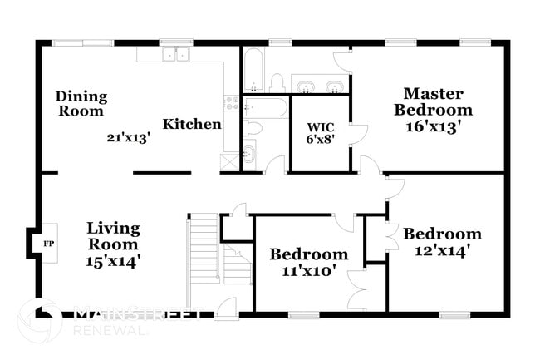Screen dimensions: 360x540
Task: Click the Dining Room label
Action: coord(81,103)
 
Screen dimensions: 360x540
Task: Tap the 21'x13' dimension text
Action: coord(127,138)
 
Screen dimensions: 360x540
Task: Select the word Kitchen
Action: coord(192,125)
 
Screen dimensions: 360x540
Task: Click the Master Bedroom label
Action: coord(433,101)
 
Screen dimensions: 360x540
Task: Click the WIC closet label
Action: coord(320,127)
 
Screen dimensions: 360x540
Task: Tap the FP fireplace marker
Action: coord(47,244)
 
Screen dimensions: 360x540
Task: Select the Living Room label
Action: coord(113,236)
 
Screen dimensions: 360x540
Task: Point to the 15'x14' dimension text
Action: coord(113,261)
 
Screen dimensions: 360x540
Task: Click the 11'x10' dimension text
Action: coord(307,271)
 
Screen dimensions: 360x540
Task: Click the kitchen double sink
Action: coord(175,55)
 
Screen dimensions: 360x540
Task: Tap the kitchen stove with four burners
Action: coord(232,103)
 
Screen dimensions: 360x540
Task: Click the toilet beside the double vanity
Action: coord(277,82)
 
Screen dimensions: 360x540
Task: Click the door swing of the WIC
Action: coord(356,133)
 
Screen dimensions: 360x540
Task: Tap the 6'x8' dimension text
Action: coord(320,141)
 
